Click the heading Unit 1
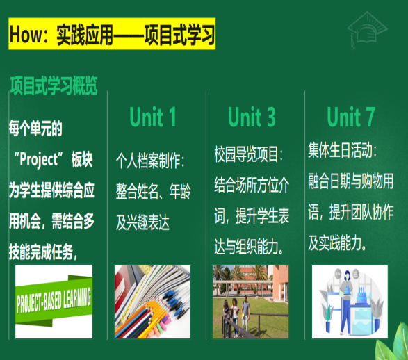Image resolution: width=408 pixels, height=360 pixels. pyautogui.click(x=153, y=117)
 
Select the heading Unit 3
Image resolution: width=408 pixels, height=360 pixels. pyautogui.click(x=252, y=117)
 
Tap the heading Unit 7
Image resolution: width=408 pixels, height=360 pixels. pyautogui.click(x=351, y=117)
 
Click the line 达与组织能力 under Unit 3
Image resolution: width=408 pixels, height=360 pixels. pyautogui.click(x=249, y=245)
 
